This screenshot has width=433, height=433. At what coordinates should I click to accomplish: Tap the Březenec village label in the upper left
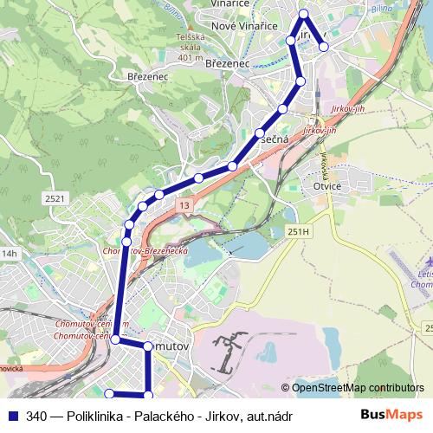pos(147,76)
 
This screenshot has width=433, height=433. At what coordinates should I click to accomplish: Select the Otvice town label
pos(328,185)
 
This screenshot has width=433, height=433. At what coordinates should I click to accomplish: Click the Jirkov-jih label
pos(320,130)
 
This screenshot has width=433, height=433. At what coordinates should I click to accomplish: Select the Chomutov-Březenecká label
pos(145,250)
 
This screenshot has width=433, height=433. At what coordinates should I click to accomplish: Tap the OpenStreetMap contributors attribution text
pos(358,388)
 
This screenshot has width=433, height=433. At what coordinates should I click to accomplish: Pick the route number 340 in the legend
pos(37,416)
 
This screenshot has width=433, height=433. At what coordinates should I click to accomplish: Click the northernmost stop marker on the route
pos(303,13)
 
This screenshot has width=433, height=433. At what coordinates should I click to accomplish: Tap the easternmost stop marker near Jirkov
pos(324,47)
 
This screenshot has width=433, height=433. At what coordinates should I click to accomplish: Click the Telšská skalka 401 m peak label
pos(191,48)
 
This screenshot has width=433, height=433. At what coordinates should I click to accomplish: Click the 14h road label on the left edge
pos(9,254)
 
